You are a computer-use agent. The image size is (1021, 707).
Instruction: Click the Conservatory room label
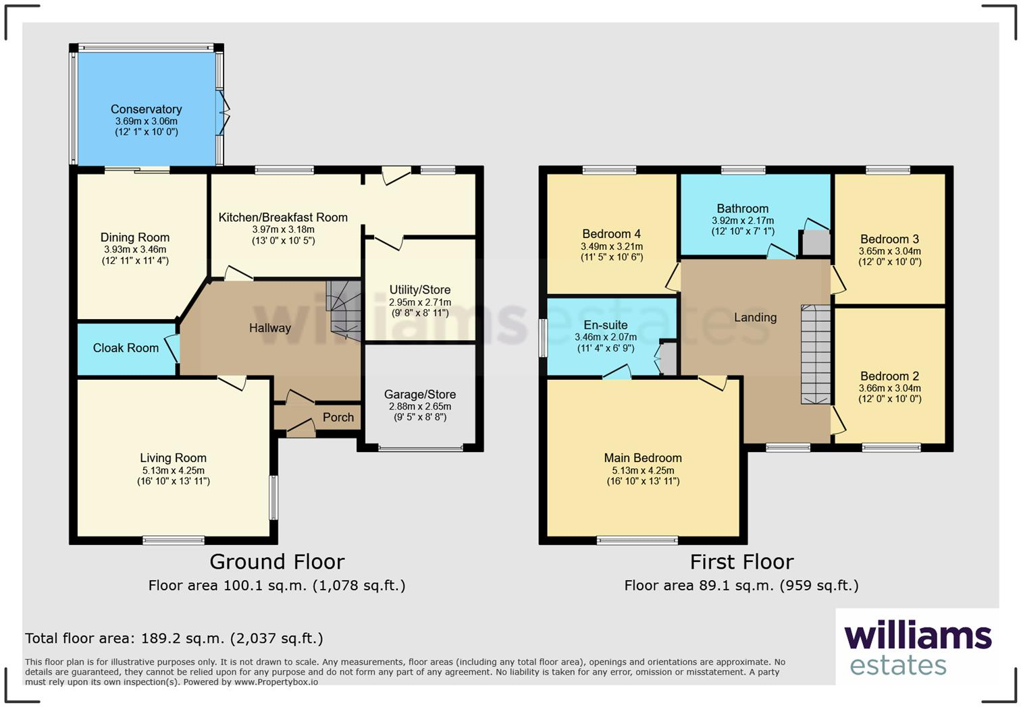(146, 109)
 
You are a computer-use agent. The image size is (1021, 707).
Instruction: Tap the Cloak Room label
(126, 348)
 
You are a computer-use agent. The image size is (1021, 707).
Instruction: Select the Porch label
(338, 418)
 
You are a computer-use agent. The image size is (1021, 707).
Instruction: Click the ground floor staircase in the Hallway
(344, 310)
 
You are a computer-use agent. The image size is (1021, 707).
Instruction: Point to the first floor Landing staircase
(815, 355)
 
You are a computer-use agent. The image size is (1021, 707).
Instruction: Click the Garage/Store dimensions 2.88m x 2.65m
(419, 407)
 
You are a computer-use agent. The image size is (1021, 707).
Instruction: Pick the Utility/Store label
(419, 290)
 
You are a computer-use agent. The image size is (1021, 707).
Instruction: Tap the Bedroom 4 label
(611, 234)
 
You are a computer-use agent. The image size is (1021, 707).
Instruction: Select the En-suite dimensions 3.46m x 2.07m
(605, 337)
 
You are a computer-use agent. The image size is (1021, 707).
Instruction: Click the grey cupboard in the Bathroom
(816, 243)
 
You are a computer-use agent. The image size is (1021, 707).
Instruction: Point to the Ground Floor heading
(277, 562)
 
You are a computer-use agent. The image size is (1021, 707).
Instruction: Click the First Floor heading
(741, 562)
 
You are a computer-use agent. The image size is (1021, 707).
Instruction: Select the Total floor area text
(174, 638)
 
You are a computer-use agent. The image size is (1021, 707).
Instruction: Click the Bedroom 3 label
(889, 239)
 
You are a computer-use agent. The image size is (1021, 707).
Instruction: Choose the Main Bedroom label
(643, 458)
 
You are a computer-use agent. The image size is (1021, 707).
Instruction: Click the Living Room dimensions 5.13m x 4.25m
(173, 471)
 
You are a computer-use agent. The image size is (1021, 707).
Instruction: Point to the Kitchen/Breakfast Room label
(283, 217)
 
